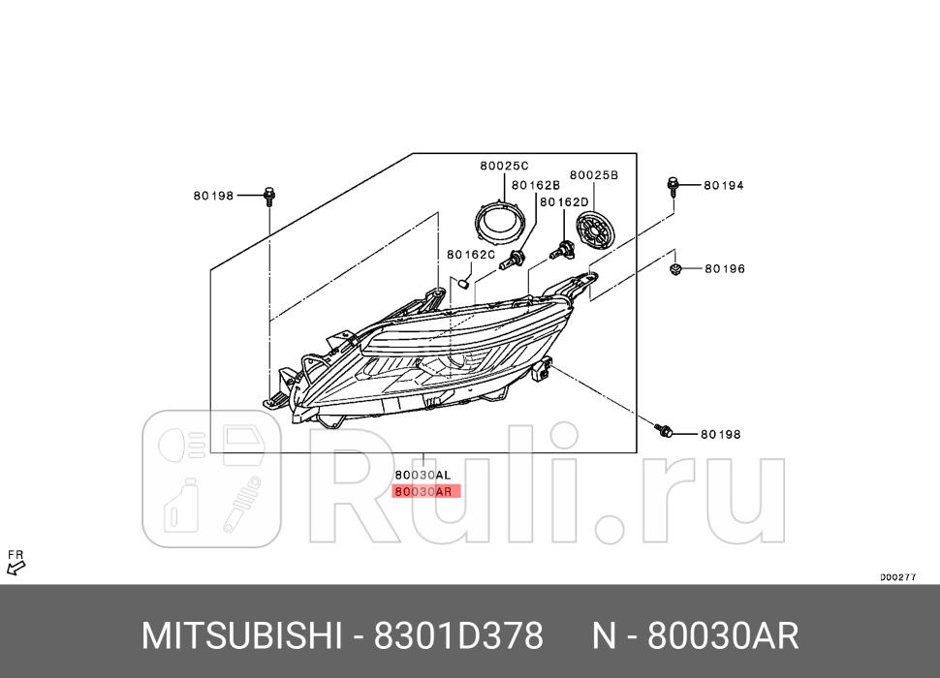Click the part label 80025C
coord(504,166)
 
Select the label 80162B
coord(536,184)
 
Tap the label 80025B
coord(593,175)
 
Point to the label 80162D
coord(564,201)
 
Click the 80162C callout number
coord(471,255)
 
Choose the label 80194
coord(723,184)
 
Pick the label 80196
coord(724,268)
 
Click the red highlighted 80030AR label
coord(423,491)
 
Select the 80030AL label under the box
coord(423,475)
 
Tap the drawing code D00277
coord(897,576)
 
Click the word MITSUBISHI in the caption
coord(242,636)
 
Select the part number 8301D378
coord(459,636)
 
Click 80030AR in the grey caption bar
coord(723,636)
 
